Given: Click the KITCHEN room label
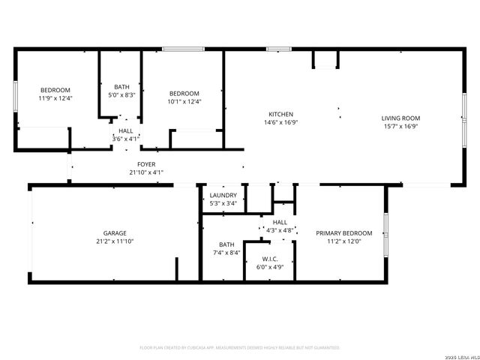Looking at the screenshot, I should [281, 113].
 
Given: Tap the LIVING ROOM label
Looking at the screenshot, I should [400, 118].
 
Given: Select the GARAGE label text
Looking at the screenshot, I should [115, 233].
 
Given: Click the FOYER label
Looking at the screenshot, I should [145, 163].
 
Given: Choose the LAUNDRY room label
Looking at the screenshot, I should [223, 195].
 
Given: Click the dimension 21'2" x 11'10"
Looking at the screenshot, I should [115, 241].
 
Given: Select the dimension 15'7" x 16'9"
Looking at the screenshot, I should [400, 127].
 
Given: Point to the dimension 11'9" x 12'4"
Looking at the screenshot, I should [55, 98].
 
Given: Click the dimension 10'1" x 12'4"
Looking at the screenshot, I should [184, 102].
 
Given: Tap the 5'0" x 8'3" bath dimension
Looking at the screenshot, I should [121, 95].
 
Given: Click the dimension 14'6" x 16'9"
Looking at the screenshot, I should [281, 122].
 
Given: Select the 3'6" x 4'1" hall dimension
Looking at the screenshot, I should [126, 139].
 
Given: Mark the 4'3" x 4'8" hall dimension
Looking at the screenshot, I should [279, 231].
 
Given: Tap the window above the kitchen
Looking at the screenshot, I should [279, 49].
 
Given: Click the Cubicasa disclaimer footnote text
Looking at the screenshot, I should [240, 348].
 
